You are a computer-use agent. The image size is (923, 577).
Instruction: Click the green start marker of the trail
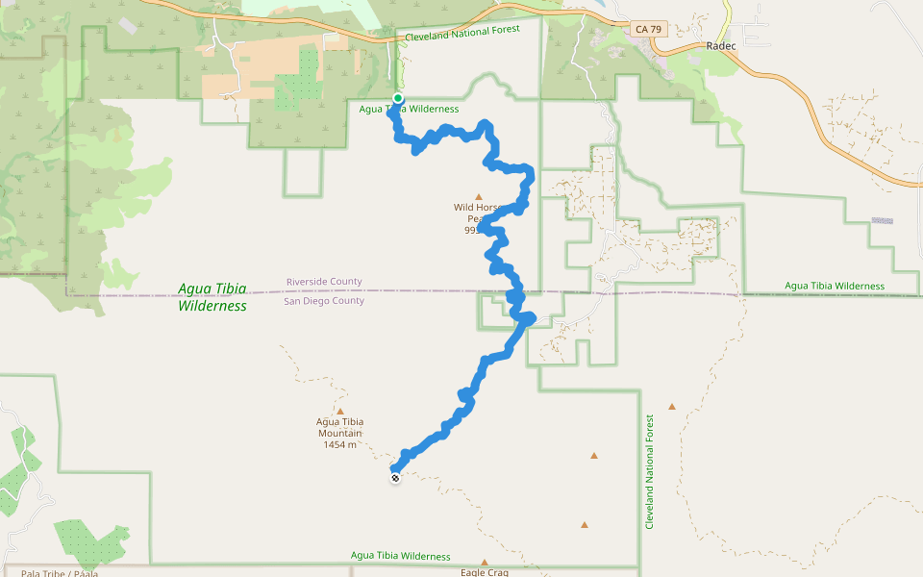click(398, 98)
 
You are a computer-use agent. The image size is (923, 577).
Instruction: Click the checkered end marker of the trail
click(395, 477)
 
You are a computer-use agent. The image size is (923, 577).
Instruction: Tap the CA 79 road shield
click(649, 30)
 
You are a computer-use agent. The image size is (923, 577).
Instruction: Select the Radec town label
click(720, 46)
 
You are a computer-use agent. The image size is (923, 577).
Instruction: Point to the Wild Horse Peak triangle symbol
click(479, 197)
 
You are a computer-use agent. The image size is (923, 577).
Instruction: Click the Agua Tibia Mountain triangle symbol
click(340, 411)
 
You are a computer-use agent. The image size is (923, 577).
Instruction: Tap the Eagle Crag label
click(484, 572)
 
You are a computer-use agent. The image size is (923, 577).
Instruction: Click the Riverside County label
click(324, 282)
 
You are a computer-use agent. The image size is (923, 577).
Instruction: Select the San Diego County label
click(324, 301)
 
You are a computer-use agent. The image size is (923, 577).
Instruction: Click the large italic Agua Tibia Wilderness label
click(212, 297)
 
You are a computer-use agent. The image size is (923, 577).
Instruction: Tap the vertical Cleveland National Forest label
click(650, 471)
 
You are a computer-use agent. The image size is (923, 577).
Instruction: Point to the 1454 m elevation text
click(340, 444)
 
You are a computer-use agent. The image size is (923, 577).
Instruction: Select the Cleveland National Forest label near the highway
click(462, 33)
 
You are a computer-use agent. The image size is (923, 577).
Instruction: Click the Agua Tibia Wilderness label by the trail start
click(409, 109)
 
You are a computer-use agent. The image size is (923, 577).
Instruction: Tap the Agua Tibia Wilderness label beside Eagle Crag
click(400, 556)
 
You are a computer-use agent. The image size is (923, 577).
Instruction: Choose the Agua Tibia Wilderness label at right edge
click(834, 286)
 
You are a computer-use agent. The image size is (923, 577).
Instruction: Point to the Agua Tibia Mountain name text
click(340, 427)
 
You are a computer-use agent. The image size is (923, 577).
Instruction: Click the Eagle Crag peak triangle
click(485, 563)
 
